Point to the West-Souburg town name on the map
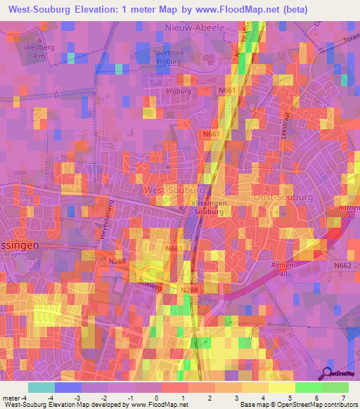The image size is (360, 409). tap(174, 190)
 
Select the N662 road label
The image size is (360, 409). tap(342, 265)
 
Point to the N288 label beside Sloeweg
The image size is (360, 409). tap(188, 290)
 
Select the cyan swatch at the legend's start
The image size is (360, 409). tap(41, 387)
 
